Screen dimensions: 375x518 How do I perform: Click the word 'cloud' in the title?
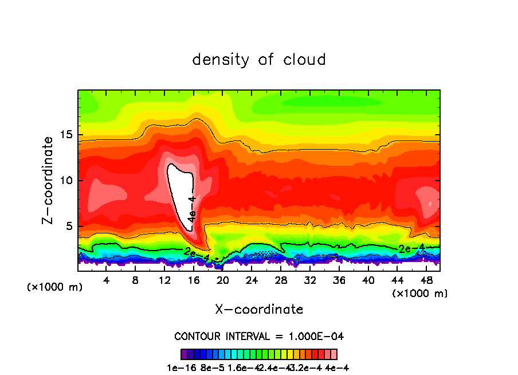305,60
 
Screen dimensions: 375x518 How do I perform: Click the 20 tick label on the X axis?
222,281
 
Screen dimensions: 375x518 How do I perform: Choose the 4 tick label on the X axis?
107,281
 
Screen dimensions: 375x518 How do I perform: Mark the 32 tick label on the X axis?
309,281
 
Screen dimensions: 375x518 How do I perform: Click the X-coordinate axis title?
259,310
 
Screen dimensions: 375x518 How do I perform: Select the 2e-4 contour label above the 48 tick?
411,248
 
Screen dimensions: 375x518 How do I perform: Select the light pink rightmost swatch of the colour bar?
333,354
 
